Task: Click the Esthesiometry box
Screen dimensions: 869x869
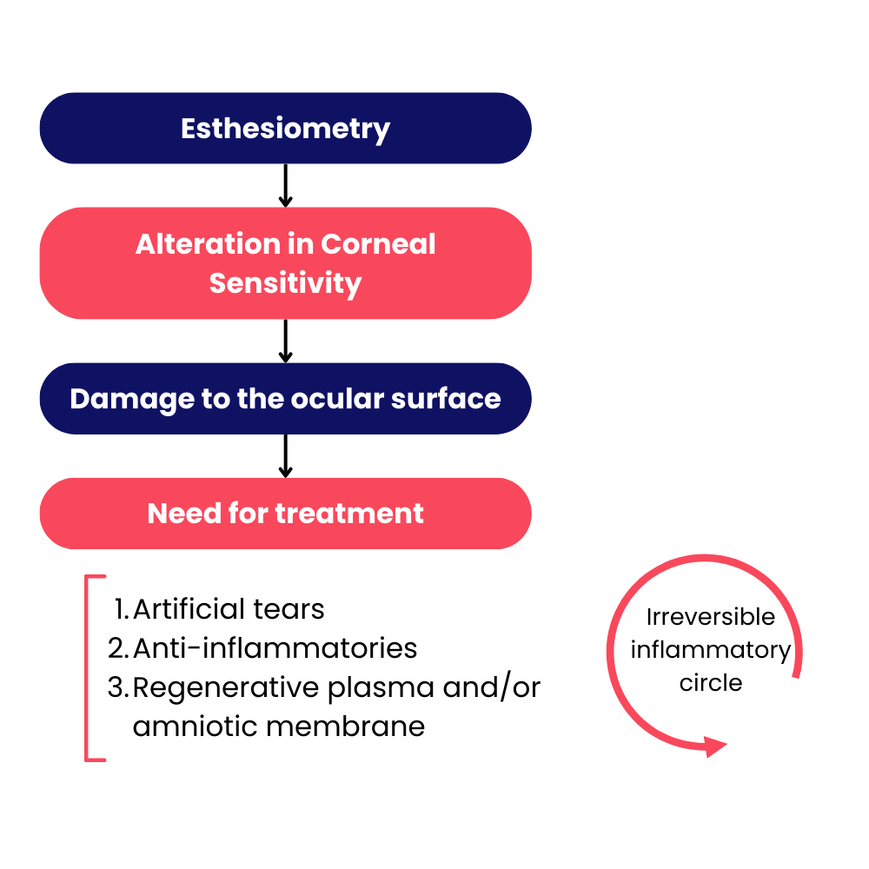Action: (285, 128)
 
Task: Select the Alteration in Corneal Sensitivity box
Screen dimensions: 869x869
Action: (285, 263)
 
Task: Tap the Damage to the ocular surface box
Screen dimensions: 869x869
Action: (285, 399)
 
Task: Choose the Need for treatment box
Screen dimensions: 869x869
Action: (285, 514)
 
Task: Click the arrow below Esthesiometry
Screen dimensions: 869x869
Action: (285, 186)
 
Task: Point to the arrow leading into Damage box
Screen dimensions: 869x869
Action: (285, 342)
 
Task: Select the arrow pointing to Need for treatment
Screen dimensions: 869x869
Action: (285, 456)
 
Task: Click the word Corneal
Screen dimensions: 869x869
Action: (378, 244)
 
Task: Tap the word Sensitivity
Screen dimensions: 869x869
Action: (285, 284)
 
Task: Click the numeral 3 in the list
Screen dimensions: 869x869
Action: (116, 687)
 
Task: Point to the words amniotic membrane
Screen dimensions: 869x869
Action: (279, 726)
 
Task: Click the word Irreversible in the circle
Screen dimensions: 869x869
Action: (711, 617)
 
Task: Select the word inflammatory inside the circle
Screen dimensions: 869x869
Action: (711, 651)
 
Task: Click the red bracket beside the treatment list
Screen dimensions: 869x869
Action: (87, 668)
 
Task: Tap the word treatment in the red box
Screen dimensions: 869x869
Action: (349, 514)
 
